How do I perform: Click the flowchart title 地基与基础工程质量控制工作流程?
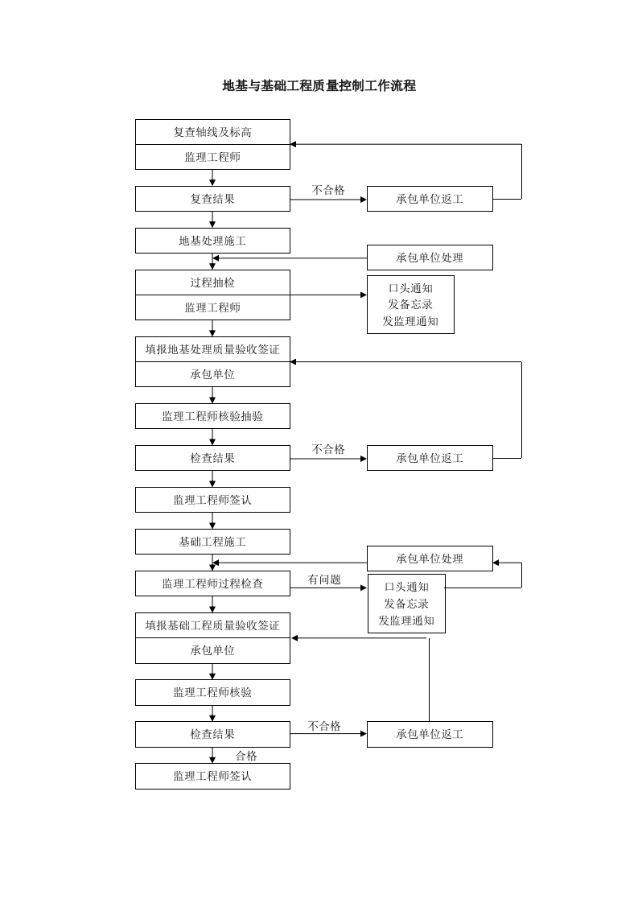click(319, 86)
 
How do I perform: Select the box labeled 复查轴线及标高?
click(212, 132)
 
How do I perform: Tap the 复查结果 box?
click(212, 199)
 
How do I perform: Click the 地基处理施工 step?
click(212, 241)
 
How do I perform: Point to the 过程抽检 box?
click(212, 282)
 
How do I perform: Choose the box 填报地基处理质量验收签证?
click(212, 349)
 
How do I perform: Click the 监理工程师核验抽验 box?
click(212, 416)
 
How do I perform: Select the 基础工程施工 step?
click(212, 542)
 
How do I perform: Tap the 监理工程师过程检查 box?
click(212, 583)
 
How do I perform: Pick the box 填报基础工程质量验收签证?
click(212, 625)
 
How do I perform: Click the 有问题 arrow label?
click(324, 579)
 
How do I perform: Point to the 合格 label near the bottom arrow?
click(246, 756)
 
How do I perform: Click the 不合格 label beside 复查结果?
click(328, 190)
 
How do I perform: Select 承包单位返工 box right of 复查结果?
click(430, 199)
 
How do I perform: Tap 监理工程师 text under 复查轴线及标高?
click(212, 157)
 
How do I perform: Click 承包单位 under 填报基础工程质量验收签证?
click(212, 650)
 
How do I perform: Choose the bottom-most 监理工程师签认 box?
click(212, 776)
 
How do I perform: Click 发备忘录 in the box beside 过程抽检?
click(410, 304)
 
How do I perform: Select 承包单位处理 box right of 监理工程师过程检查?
click(430, 559)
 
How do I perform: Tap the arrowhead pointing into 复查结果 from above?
click(212, 183)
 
